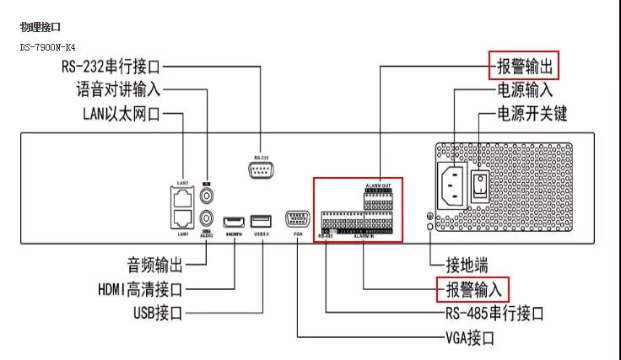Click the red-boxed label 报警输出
coord(522,65)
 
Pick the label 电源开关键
coord(529,112)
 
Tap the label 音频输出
coord(155,265)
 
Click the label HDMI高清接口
coord(139,289)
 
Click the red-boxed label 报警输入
coord(472,289)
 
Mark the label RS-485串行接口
coord(494,314)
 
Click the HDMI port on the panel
coord(234,223)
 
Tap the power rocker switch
coord(482,184)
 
